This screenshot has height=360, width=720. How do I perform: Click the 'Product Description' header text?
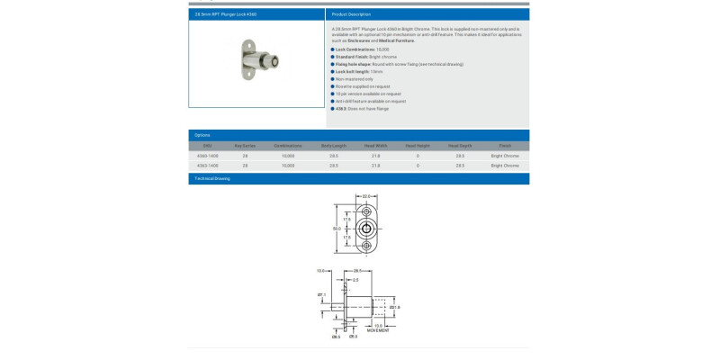[351, 14]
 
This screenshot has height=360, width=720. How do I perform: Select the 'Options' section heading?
[202, 135]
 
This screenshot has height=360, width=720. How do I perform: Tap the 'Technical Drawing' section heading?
[212, 178]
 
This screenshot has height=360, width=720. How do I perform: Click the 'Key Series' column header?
[245, 145]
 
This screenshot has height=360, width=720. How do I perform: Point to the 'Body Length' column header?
[333, 145]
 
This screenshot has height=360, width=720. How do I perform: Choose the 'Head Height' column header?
[418, 145]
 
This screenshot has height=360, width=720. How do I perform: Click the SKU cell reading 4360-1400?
[207, 156]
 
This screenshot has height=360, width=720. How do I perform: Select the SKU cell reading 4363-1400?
[207, 166]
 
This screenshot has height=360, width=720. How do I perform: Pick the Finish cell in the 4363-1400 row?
[505, 166]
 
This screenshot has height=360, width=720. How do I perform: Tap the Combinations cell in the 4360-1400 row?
[288, 156]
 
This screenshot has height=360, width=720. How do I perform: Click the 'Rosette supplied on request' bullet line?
[362, 86]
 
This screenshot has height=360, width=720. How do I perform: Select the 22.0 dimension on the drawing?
[366, 195]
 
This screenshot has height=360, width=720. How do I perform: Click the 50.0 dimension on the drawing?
[337, 229]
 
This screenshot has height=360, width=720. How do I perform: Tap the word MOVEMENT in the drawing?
[379, 329]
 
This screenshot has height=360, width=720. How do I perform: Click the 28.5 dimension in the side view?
[357, 271]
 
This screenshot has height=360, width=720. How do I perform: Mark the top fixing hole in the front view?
[366, 212]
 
